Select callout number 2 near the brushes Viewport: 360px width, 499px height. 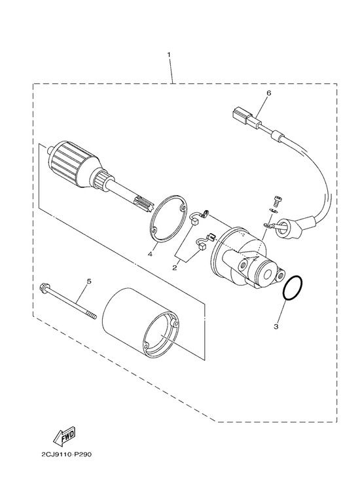[175, 268]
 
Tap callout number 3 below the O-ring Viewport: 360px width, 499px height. [276, 326]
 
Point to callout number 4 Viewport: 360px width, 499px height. [150, 253]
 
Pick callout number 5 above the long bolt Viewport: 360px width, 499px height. [89, 282]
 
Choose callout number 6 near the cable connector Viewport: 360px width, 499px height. [269, 93]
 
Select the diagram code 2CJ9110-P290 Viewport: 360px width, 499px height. [67, 454]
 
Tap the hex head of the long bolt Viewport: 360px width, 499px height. [45, 287]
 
